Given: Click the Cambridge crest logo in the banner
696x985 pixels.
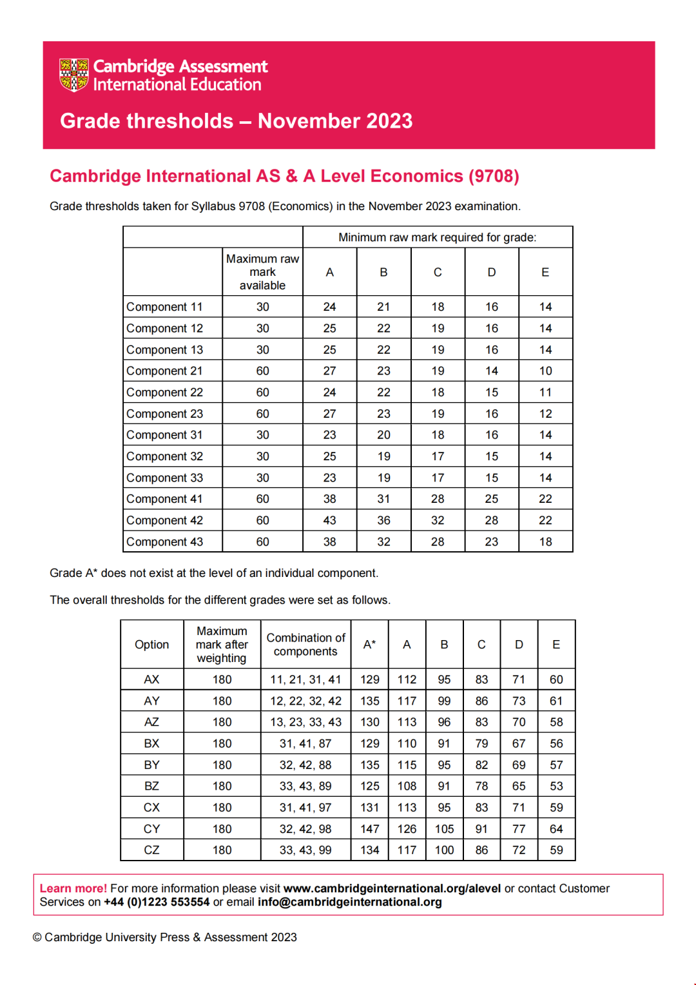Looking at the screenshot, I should (73, 75).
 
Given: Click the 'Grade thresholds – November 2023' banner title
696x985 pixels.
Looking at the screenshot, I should (236, 121).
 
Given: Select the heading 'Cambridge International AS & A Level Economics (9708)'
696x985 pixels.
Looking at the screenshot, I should (284, 177).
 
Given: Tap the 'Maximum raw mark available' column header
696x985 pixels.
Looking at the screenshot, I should (262, 272).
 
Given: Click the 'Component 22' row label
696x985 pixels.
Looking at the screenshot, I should (165, 393).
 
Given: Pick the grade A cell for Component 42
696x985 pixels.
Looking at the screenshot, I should (329, 520).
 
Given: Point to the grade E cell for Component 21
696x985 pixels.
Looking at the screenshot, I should (545, 371).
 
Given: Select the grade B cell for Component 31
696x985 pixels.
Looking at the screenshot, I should (383, 435).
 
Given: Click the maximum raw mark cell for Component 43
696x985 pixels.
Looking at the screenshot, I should (262, 542).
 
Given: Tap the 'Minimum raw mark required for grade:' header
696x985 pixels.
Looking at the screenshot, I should (437, 237).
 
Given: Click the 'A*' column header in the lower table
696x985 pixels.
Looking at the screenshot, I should (369, 645).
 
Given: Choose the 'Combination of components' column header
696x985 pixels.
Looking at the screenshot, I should (305, 645).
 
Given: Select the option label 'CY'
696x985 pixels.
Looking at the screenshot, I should (151, 829).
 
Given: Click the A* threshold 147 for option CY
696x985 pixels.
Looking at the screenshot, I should (369, 829).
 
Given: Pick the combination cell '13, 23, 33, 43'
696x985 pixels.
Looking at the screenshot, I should (305, 722).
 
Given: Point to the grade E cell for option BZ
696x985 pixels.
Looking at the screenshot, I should (556, 786).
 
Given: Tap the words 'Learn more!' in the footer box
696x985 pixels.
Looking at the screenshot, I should (73, 888).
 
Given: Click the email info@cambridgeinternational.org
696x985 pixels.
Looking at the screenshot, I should (349, 902).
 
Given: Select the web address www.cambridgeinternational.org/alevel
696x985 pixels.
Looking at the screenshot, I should (392, 888).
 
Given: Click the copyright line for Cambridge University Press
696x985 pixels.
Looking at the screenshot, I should (165, 937).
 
